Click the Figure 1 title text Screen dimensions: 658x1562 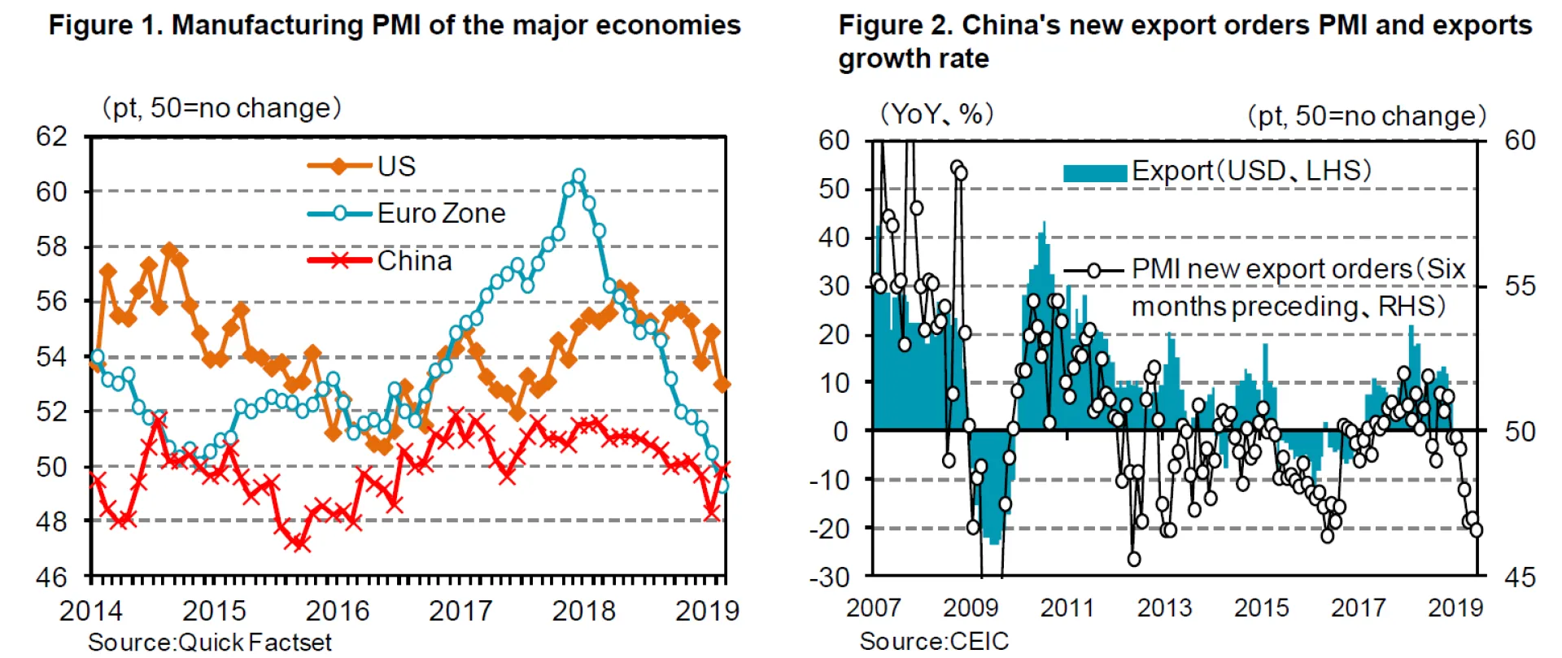395,25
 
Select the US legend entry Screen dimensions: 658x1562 396,167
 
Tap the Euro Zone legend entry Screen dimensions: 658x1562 441,214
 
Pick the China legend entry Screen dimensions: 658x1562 414,261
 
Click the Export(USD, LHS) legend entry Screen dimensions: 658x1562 1250,172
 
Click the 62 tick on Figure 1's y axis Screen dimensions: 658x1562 52,137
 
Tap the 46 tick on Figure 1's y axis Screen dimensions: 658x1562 52,577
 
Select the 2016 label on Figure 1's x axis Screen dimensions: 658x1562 337,611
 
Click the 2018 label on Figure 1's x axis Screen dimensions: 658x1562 583,611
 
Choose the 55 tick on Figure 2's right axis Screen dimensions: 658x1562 1520,286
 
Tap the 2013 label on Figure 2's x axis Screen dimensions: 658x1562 1164,608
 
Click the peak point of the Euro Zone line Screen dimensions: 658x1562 578,176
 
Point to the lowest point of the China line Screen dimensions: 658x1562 299,543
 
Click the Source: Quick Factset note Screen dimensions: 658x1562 210,643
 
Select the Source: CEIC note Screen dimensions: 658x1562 934,642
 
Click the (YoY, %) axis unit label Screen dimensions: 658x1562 936,115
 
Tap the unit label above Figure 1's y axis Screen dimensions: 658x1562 220,108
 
